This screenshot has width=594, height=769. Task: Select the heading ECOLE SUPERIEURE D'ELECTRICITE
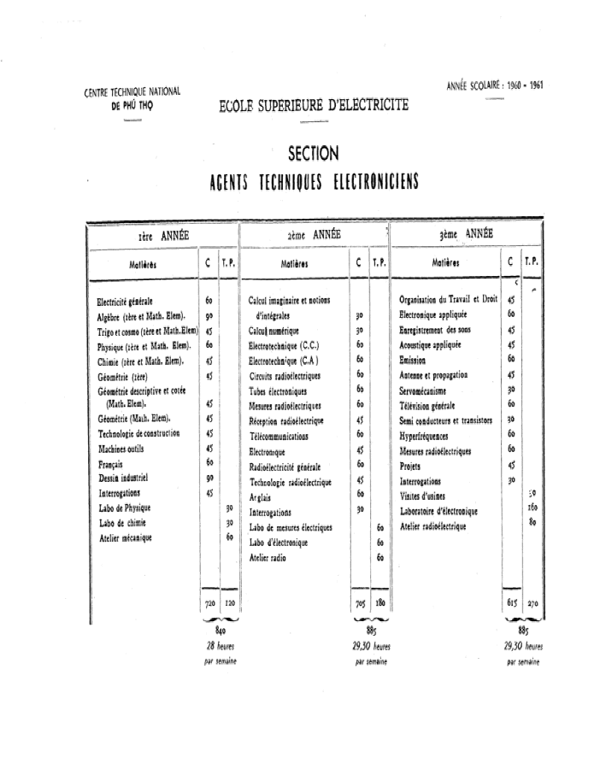point(314,106)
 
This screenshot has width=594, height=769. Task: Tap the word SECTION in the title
point(314,155)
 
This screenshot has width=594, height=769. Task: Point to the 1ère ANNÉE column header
point(163,235)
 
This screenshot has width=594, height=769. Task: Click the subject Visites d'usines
point(428,495)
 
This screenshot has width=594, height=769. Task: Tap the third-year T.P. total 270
point(532,603)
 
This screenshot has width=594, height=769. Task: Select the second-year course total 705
point(359,603)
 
